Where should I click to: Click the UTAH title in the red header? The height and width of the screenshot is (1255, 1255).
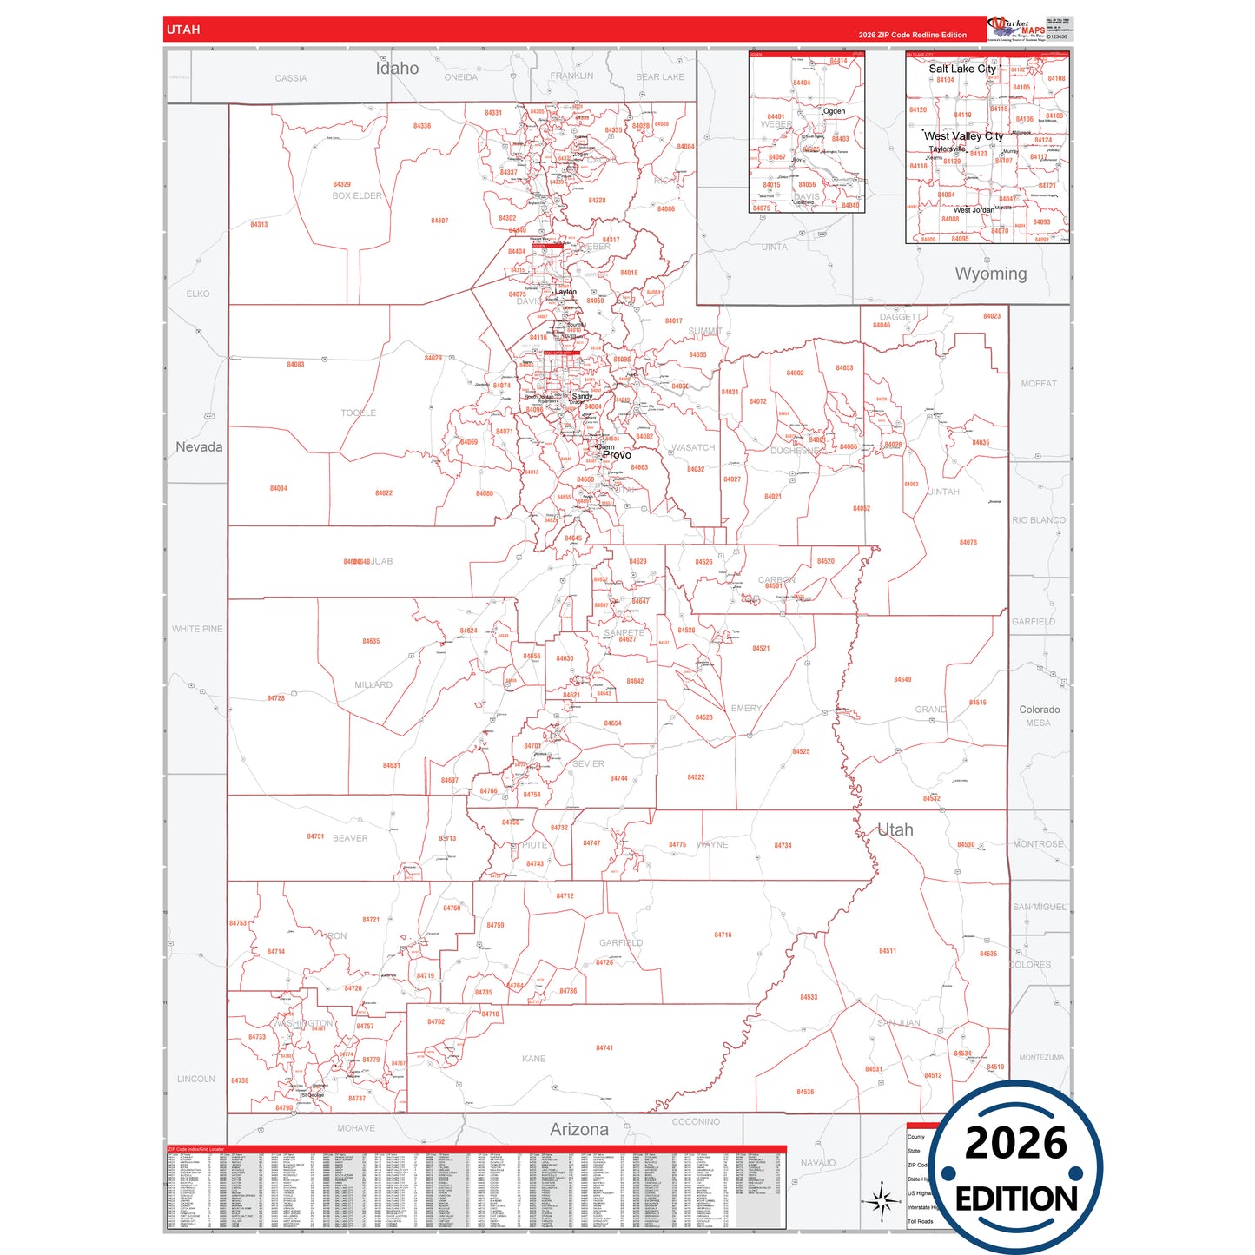click(183, 30)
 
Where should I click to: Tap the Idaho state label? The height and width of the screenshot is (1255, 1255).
click(397, 69)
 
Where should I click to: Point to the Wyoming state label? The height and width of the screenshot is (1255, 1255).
click(990, 274)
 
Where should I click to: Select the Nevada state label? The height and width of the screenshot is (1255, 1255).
click(199, 447)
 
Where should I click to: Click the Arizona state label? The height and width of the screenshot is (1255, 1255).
click(578, 1129)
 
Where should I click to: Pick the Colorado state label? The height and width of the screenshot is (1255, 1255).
click(1039, 710)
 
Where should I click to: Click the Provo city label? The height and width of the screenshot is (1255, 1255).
click(617, 455)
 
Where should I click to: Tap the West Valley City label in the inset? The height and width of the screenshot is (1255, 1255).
click(963, 136)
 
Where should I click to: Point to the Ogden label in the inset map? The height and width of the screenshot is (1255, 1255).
click(834, 111)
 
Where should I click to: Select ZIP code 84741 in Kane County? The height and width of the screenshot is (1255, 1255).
click(604, 1048)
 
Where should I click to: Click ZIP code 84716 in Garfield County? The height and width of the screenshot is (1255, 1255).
click(723, 935)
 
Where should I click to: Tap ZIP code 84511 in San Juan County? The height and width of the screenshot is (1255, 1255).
click(887, 951)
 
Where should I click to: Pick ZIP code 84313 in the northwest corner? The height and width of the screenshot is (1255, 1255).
click(259, 225)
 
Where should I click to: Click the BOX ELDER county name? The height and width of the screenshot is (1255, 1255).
click(356, 196)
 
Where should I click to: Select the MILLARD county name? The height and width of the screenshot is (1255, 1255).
click(373, 685)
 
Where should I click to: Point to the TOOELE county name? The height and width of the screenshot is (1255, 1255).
click(359, 413)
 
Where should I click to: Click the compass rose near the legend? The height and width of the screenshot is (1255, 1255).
click(881, 1202)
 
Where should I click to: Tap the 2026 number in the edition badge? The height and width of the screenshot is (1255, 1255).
click(1015, 1143)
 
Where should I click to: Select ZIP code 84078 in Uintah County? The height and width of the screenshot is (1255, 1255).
click(968, 543)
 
